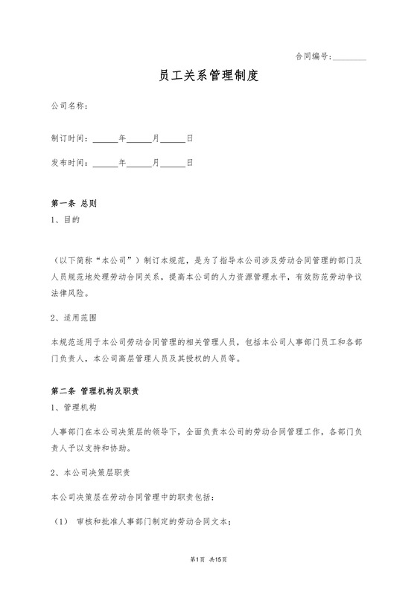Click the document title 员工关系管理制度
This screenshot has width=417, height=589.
click(x=208, y=76)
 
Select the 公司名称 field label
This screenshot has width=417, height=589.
click(x=69, y=106)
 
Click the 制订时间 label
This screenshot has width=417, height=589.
click(x=69, y=138)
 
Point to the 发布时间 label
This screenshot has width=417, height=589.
click(x=69, y=162)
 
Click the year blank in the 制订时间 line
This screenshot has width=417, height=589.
click(x=106, y=140)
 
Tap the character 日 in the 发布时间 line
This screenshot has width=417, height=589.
click(x=190, y=162)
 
